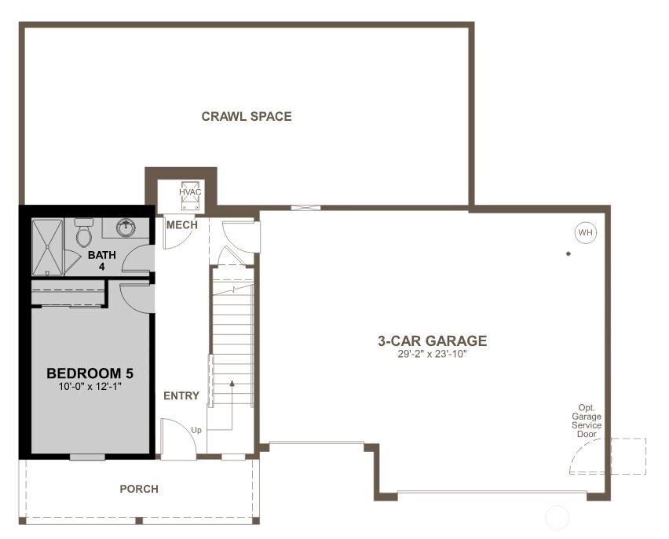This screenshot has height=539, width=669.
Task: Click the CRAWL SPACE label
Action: [247, 117]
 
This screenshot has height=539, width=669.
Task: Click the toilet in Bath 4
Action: [84, 232]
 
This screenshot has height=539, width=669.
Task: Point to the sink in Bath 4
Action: [126, 228]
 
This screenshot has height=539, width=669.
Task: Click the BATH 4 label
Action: [101, 260]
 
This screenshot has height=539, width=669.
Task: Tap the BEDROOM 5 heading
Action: [84, 373]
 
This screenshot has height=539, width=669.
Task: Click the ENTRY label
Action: [181, 396]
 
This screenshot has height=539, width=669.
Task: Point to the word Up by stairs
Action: [197, 430]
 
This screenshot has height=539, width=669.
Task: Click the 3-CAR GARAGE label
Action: [432, 341]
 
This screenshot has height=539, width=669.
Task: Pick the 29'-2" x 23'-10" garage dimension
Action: [432, 355]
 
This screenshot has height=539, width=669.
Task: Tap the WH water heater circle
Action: [585, 232]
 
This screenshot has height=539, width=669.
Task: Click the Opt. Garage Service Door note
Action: [587, 421]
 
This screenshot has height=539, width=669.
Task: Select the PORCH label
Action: [139, 490]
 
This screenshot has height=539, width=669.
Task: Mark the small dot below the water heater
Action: [568, 254]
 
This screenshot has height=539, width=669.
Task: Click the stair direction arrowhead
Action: [232, 384]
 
